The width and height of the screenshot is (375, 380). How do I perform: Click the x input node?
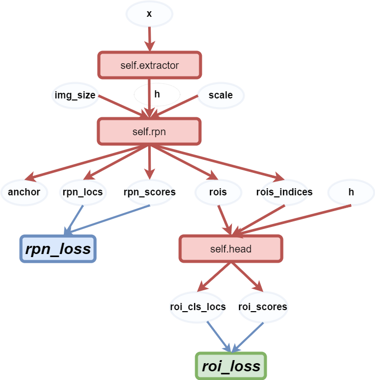click(149, 14)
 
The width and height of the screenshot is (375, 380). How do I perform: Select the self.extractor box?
click(149, 65)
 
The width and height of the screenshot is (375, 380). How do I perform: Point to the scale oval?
click(221, 95)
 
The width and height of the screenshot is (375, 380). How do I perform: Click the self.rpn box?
click(149, 131)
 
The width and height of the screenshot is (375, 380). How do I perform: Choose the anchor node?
click(24, 192)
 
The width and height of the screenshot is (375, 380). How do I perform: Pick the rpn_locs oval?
click(82, 192)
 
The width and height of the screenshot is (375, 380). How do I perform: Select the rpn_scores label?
click(150, 192)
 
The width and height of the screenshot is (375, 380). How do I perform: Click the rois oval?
click(218, 192)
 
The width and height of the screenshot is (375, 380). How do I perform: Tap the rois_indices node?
click(284, 192)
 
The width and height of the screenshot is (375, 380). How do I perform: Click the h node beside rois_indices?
click(351, 192)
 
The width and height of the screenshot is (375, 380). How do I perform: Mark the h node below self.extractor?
click(157, 94)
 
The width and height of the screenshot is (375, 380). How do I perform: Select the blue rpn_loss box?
click(58, 248)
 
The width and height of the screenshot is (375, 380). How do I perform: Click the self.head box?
click(230, 249)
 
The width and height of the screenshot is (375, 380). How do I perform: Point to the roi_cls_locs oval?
click(197, 307)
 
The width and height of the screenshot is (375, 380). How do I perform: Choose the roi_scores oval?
click(263, 307)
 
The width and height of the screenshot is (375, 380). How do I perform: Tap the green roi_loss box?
click(231, 366)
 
